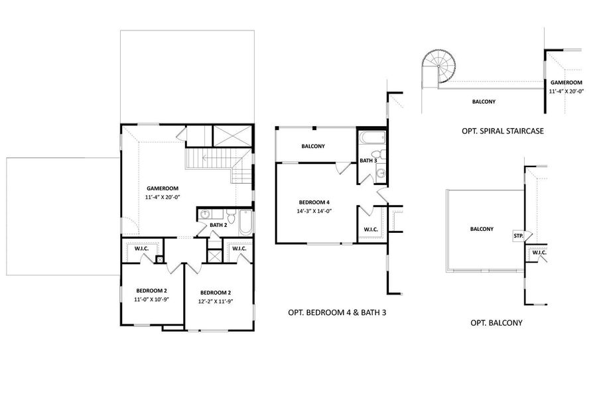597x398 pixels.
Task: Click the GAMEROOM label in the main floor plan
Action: [163, 188]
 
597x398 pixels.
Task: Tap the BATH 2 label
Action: [218, 225]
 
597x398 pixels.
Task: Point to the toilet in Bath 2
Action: [231, 216]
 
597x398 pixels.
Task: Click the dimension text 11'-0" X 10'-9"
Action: [151, 299]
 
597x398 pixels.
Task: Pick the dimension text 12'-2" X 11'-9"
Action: [216, 301]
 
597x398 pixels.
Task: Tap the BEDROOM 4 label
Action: [312, 202]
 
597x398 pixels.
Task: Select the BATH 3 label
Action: [368, 161]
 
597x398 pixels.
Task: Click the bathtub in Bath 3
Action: [372, 138]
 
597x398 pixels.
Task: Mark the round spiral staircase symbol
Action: [438, 66]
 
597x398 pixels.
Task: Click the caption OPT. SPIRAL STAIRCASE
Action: [503, 131]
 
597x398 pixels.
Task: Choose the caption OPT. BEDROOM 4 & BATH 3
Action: [337, 312]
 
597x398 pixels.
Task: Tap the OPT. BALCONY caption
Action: [496, 323]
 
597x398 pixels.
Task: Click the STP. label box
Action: [518, 235]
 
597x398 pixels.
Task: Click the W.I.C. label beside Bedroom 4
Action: [370, 230]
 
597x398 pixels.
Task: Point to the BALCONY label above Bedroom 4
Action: [313, 146]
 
